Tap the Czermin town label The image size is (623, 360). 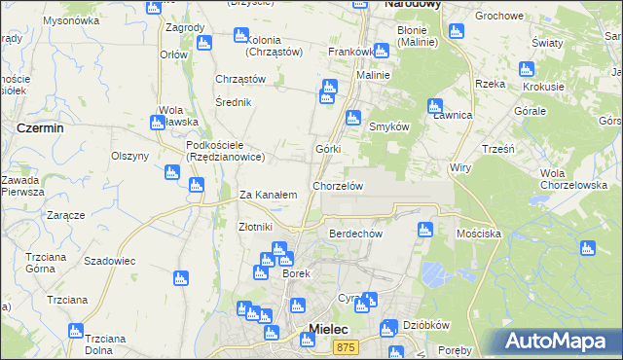[41, 127]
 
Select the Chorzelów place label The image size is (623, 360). [338, 185]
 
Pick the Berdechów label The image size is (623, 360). [355, 234]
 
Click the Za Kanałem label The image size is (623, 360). [268, 195]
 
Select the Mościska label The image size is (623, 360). [478, 234]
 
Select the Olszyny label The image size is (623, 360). [129, 156]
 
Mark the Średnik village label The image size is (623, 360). [234, 102]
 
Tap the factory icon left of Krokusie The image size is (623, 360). [527, 70]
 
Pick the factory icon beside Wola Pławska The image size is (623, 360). [157, 123]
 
